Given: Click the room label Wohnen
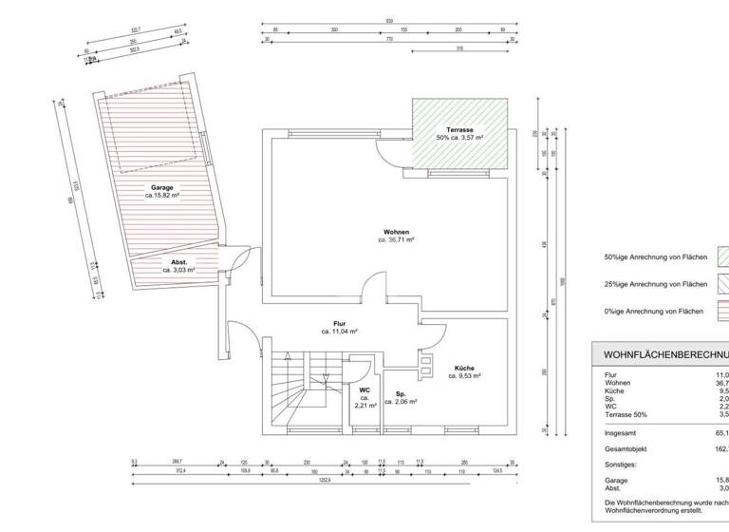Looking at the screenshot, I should tap(396, 232).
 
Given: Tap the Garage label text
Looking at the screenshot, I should tap(162, 187).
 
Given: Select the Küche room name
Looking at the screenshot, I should tap(464, 368).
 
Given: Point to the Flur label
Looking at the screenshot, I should tap(338, 323).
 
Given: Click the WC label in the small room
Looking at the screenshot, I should tap(364, 389).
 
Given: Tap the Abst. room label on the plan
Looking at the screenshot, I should tap(178, 261).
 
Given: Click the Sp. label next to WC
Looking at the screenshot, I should tap(401, 392).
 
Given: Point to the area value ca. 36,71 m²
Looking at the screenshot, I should tap(396, 240).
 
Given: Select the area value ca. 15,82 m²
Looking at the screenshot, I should tap(162, 196).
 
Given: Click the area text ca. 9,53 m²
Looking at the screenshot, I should tap(464, 376).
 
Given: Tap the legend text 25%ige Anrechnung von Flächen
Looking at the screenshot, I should tap(656, 284).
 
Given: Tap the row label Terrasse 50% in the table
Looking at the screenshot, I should tap(626, 413).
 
